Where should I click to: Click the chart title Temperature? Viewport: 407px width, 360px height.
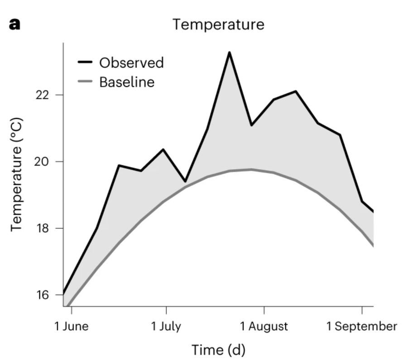tap(218, 24)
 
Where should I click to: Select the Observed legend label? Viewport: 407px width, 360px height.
tap(131, 62)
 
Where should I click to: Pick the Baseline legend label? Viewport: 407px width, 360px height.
tap(127, 82)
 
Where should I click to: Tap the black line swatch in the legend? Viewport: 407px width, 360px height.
tap(86, 62)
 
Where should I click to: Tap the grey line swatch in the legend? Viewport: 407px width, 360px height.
tap(86, 82)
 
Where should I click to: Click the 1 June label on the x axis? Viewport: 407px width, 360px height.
tap(72, 326)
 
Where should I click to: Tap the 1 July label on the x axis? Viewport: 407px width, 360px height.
tap(166, 326)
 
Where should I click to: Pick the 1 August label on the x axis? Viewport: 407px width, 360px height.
tap(264, 326)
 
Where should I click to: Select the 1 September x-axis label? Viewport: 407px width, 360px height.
tap(362, 326)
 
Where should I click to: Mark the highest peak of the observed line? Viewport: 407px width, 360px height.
tap(229, 52)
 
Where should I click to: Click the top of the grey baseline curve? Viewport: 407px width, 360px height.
tap(251, 169)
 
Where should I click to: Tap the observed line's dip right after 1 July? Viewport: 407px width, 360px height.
tap(185, 181)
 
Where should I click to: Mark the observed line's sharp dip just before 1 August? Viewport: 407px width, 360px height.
tap(251, 125)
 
